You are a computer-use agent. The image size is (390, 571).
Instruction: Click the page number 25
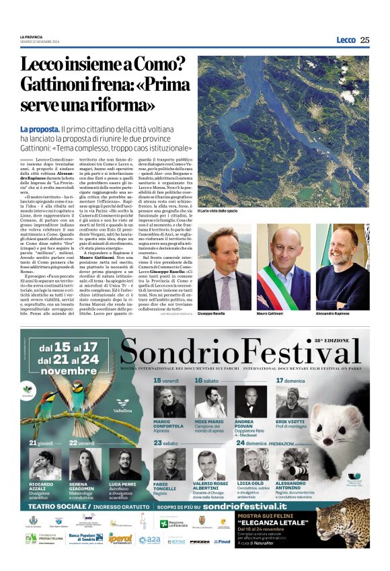coord(364,40)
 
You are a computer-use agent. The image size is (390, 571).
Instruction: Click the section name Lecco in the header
coord(346,40)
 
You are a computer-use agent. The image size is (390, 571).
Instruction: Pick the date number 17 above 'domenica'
coord(280,381)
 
